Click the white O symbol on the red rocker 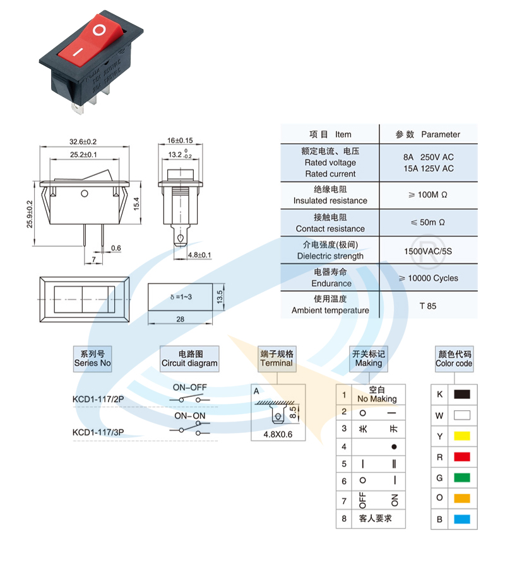point(100,30)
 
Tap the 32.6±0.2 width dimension point(83,141)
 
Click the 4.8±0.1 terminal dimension point(200,255)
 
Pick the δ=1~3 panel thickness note point(181,296)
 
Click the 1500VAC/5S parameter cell point(428,251)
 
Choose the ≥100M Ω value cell point(428,195)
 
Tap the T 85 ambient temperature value point(428,306)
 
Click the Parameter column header point(428,134)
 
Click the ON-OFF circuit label point(190,387)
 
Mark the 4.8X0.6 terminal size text point(278,435)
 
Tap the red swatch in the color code point(462,457)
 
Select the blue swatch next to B point(462,520)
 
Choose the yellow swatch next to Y point(462,436)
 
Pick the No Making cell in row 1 point(376,395)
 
